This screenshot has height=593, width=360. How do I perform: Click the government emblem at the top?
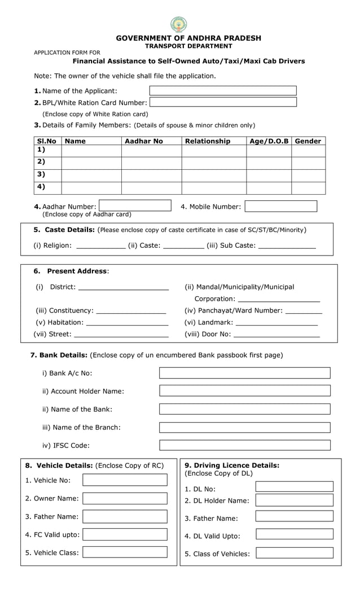point(179,25)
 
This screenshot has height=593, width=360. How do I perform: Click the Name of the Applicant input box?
point(223,91)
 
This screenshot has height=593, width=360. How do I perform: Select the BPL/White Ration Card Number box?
point(223,102)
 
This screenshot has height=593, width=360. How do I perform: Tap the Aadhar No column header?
point(144,141)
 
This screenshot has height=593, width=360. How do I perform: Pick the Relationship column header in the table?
point(208,141)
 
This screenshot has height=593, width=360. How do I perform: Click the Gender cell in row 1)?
point(308,151)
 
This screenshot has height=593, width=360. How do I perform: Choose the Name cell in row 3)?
point(91,175)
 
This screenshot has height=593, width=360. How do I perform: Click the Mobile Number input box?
point(280,207)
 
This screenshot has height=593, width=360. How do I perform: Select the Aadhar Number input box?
point(135,206)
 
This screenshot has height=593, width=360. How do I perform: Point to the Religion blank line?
point(100,246)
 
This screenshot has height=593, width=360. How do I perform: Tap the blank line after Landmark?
point(276,323)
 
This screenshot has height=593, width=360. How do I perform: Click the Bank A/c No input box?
point(244,373)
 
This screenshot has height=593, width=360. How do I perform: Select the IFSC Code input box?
point(244,445)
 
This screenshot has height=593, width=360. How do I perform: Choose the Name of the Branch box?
point(244,427)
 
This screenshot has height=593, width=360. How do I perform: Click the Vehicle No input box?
point(125,480)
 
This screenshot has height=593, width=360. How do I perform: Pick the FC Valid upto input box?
point(125,534)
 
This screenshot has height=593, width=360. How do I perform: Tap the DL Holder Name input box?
point(294,500)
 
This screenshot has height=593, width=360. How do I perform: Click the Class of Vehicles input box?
point(294,553)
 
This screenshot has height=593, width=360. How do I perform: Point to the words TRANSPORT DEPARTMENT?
point(188,46)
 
